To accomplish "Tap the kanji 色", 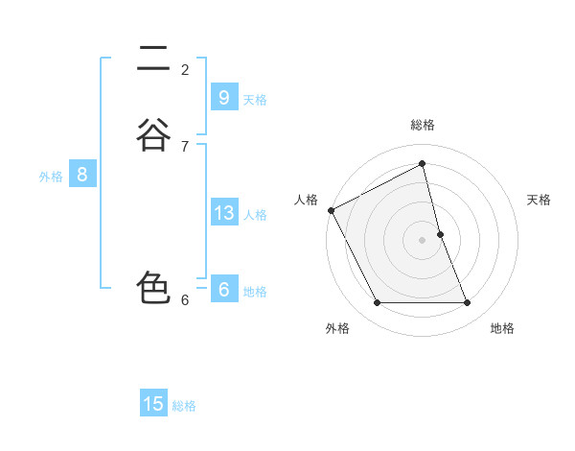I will (153, 288).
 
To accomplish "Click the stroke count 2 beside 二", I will (185, 69).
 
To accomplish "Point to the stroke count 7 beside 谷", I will (185, 146).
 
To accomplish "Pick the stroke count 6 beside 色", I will (185, 299).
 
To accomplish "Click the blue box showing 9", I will (223, 97).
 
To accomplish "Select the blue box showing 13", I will (223, 213).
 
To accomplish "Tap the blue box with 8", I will (82, 175).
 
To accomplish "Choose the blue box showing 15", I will (153, 404).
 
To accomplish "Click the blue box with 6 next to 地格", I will (223, 290).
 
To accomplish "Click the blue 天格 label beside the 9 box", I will (255, 99).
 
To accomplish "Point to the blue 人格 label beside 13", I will (255, 215).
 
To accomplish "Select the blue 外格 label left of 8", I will (51, 177).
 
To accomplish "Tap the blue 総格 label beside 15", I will (184, 406).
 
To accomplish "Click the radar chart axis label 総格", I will (422, 125).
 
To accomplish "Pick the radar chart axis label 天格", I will (539, 200).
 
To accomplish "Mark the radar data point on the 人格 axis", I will (331, 210).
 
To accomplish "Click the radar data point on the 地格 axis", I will (468, 303).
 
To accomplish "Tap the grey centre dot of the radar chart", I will (422, 240).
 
